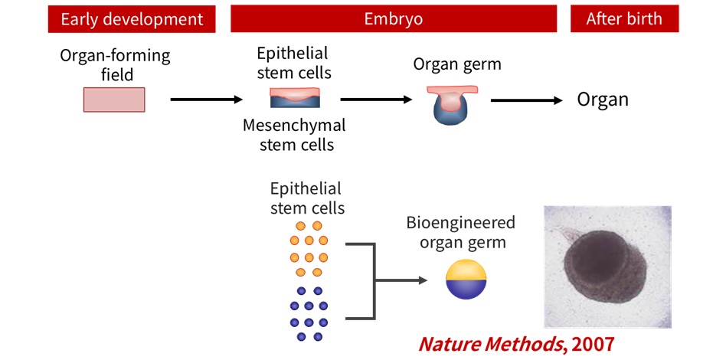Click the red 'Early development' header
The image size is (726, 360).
(132, 19)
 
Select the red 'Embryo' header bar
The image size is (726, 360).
(393, 19)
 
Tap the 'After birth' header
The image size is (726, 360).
(624, 19)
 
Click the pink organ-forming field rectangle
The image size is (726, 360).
(114, 100)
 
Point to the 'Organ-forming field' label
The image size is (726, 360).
(116, 65)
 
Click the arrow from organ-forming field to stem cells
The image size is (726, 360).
(205, 100)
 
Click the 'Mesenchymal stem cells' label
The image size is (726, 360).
(294, 134)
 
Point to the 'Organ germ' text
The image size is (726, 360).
(457, 64)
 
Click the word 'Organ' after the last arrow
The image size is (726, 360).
(603, 100)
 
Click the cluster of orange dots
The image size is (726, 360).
(308, 249)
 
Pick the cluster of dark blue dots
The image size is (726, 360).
(309, 314)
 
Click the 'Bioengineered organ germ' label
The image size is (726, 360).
(460, 233)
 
